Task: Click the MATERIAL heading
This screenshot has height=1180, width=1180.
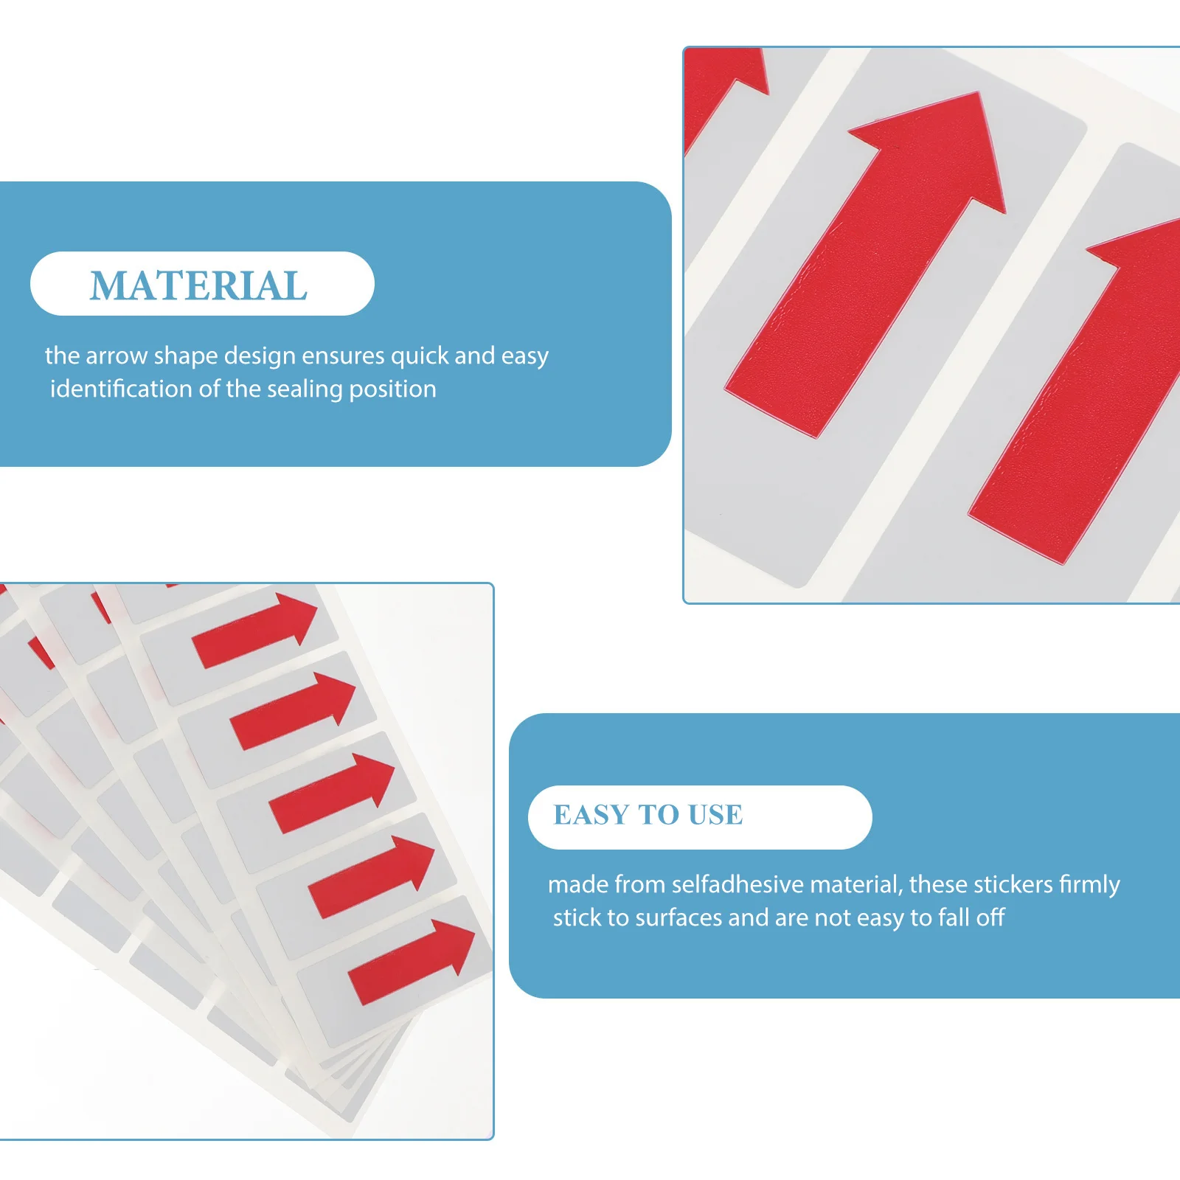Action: (x=198, y=285)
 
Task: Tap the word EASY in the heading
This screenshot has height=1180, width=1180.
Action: (x=591, y=815)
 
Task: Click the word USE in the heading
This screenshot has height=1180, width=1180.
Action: (x=715, y=815)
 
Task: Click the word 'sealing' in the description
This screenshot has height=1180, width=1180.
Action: (x=305, y=389)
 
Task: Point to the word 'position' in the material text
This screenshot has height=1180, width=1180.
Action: (x=392, y=389)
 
